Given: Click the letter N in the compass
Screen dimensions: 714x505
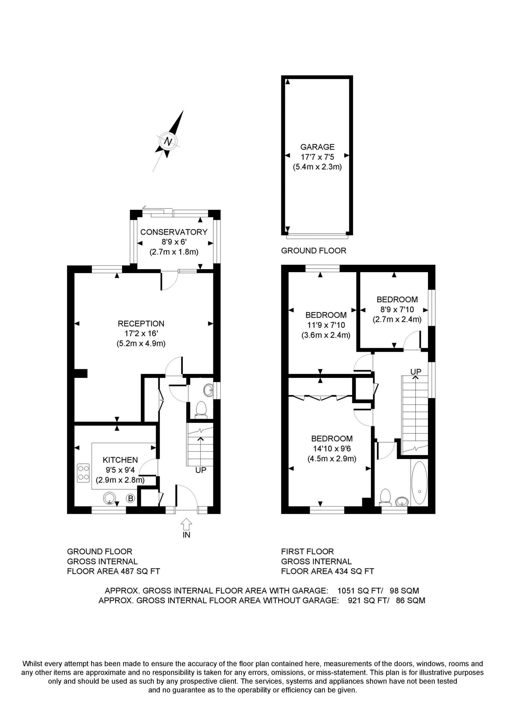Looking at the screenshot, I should click(168, 141).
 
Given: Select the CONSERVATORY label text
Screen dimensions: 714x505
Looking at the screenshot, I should click(174, 232).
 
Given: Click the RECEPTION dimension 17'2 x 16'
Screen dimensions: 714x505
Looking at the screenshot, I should click(141, 333).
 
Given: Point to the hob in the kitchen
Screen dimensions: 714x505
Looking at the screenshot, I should click(83, 473).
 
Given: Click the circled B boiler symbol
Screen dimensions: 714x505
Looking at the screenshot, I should click(131, 498).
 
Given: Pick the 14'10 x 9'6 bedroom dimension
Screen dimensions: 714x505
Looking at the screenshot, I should click(332, 449).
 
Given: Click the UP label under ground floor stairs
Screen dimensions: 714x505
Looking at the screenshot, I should click(201, 470).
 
